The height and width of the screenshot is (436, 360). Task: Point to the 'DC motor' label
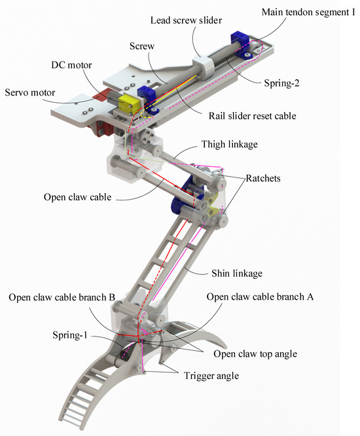(71, 65)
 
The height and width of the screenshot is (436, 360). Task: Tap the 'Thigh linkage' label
(231, 143)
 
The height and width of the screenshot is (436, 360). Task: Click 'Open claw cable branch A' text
(261, 297)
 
